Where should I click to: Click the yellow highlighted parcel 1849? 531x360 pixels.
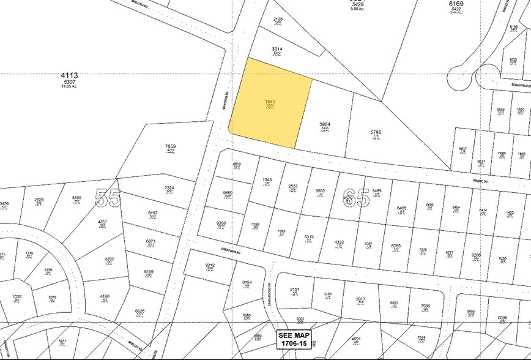[269, 101]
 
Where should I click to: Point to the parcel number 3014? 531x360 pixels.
[277, 48]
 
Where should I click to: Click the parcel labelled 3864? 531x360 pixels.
[325, 124]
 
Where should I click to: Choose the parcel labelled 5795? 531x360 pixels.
[376, 132]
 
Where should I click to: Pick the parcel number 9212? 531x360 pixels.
[209, 265]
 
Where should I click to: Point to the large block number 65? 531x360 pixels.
[356, 198]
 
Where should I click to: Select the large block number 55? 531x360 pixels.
[108, 198]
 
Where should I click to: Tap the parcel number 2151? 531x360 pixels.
[294, 290]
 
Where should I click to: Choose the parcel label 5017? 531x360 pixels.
[360, 299]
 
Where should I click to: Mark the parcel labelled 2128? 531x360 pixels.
[278, 19]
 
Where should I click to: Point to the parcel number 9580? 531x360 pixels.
[228, 193]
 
